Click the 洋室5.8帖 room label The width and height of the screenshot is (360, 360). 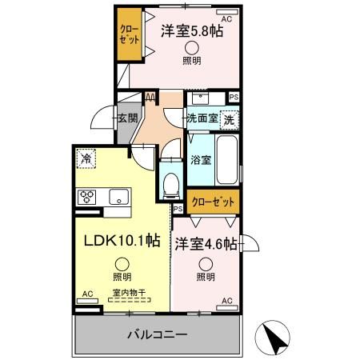192,31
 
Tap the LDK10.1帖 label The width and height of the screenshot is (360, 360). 122,241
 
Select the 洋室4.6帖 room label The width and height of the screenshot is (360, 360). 206,244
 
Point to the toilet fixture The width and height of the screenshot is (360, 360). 171,186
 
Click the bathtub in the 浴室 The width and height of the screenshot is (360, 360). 227,159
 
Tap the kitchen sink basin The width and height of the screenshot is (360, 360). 119,197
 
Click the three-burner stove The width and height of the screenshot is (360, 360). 86,197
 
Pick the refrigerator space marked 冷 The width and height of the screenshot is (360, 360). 86,159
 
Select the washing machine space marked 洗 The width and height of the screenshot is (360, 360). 229,120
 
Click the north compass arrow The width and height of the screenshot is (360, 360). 273,338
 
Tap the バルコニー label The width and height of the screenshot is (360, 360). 157,334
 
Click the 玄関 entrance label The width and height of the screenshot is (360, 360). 128,118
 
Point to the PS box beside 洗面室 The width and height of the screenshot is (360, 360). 234,98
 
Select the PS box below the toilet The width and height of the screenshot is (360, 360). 178,209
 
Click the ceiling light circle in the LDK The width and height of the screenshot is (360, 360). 122,265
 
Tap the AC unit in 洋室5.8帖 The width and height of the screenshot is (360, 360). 227,12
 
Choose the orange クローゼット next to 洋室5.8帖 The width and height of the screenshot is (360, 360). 130,34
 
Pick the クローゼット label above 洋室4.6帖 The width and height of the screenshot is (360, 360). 213,202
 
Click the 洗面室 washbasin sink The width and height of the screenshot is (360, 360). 201,98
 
